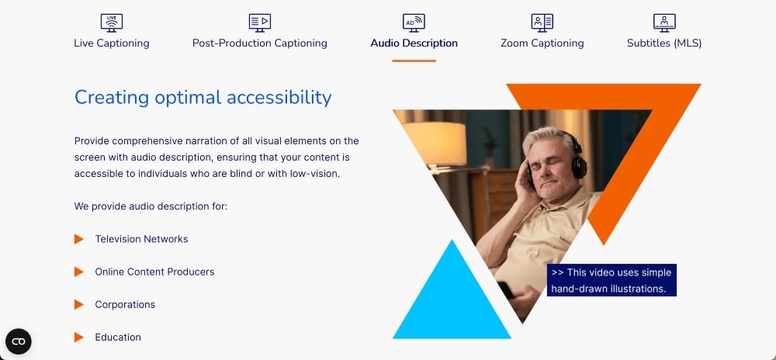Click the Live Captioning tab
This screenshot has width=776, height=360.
pyautogui.click(x=111, y=43)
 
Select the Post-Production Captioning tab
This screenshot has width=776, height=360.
pyautogui.click(x=259, y=43)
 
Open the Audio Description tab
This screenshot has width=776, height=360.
pyautogui.click(x=414, y=43)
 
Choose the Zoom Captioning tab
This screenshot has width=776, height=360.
pyautogui.click(x=542, y=43)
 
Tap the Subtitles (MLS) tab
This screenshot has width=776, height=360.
pyautogui.click(x=663, y=43)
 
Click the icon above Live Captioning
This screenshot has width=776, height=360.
pyautogui.click(x=111, y=22)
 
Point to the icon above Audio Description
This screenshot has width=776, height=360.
pyautogui.click(x=414, y=22)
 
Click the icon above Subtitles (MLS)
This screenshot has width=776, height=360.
pyautogui.click(x=663, y=22)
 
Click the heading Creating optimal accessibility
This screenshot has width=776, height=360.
pyautogui.click(x=203, y=97)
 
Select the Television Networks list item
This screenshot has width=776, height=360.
pyautogui.click(x=141, y=239)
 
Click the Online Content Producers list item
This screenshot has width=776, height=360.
pyautogui.click(x=154, y=272)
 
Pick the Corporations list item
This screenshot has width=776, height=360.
pyautogui.click(x=125, y=304)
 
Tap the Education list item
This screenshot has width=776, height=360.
pyautogui.click(x=118, y=337)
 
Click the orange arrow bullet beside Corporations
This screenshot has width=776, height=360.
pyautogui.click(x=78, y=304)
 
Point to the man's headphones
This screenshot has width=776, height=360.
pyautogui.click(x=577, y=159)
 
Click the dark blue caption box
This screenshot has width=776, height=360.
pyautogui.click(x=611, y=280)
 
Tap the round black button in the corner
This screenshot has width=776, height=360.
pyautogui.click(x=19, y=341)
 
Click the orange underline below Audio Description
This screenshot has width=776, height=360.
pyautogui.click(x=414, y=61)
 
